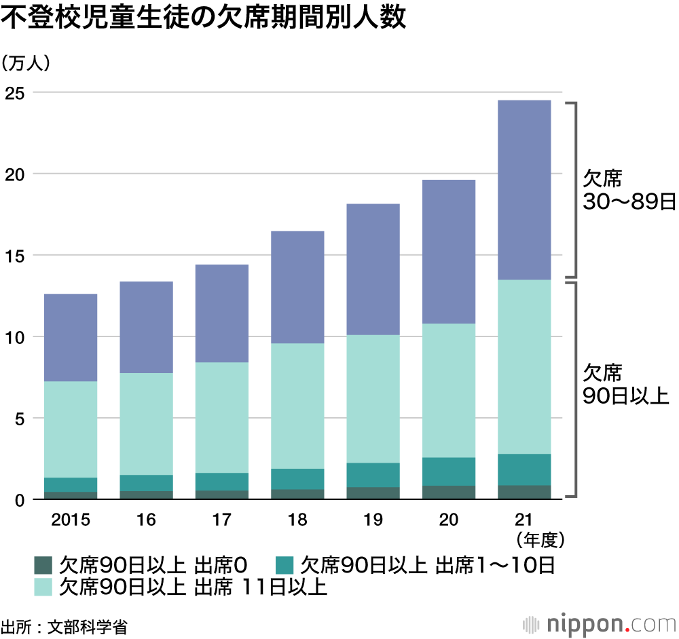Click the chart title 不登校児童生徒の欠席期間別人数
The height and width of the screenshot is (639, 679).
coord(204,18)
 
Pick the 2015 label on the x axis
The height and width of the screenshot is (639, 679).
coord(71,520)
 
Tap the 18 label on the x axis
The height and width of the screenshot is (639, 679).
coord(297,520)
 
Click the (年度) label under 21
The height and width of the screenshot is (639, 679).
coord(540,540)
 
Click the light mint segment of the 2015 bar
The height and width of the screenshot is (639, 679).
coord(71,429)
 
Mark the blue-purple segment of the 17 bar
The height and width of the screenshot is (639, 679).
coord(221,313)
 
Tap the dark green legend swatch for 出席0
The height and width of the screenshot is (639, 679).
coord(43,564)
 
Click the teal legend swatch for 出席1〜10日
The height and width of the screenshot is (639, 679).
coord(284,564)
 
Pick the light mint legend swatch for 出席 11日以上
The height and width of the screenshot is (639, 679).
coord(43,586)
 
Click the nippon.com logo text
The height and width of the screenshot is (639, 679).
coord(605,623)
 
